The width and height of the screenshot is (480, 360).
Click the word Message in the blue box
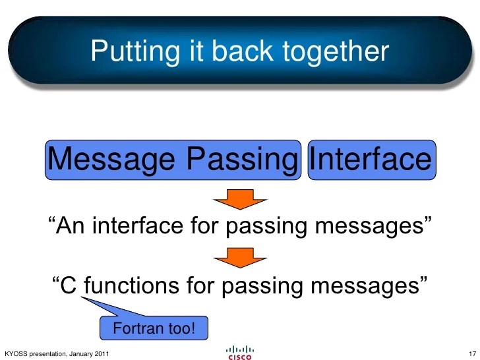(x=114, y=159)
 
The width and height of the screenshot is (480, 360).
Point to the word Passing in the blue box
(x=241, y=159)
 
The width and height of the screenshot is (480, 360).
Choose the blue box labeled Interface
(x=371, y=159)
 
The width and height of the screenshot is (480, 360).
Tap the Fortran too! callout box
(x=154, y=328)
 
